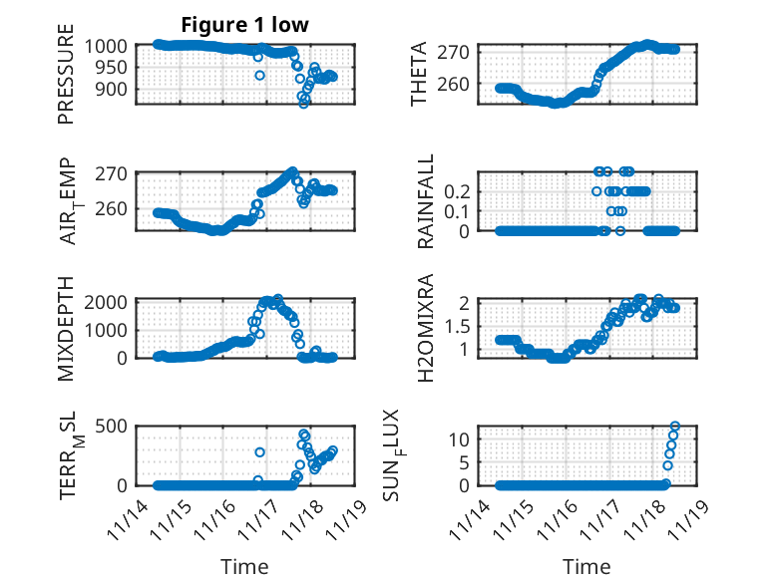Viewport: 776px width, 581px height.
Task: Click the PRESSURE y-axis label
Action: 66,81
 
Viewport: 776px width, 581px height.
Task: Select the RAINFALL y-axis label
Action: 425,201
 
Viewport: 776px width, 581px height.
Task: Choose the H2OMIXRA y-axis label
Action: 425,327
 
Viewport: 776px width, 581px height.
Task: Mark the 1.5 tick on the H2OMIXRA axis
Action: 466,326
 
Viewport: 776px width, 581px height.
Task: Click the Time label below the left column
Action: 244,567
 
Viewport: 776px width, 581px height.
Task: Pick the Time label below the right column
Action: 586,567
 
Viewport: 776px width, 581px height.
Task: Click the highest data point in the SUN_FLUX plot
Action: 675,427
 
